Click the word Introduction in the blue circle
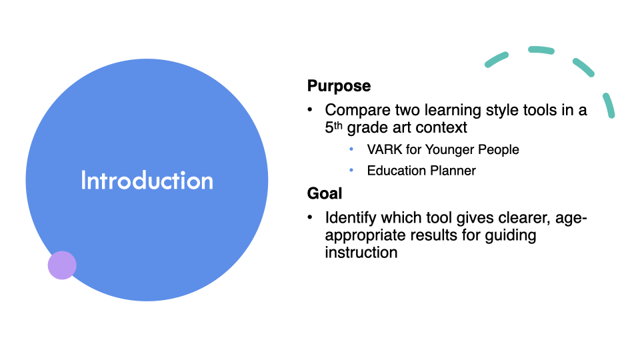click(147, 180)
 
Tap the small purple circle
click(62, 265)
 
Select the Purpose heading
click(339, 86)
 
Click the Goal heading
click(325, 193)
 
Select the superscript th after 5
click(339, 125)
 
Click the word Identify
click(351, 219)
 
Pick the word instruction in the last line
click(361, 253)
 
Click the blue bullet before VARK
click(351, 149)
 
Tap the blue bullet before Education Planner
click(351, 170)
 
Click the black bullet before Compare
click(310, 109)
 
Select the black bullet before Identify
click(310, 217)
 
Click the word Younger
click(449, 150)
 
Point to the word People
click(499, 150)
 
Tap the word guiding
click(511, 236)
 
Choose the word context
click(441, 128)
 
